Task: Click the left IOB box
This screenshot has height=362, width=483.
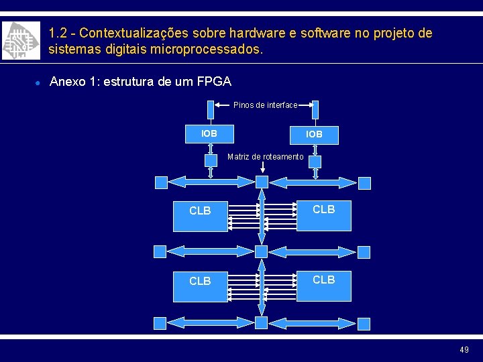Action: tap(209, 133)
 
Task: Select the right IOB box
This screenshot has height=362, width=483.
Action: tap(314, 134)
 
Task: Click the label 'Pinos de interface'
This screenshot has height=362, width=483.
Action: tap(265, 105)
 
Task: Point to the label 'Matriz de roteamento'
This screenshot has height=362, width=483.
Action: tap(266, 157)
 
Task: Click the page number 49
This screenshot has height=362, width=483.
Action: tap(464, 349)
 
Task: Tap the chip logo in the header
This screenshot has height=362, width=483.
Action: tap(19, 40)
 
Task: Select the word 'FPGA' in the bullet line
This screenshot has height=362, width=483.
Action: tap(214, 82)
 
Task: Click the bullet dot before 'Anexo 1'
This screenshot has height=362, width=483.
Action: tap(38, 82)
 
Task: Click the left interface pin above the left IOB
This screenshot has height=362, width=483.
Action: tap(211, 109)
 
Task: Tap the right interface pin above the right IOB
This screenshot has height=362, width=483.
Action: tap(315, 109)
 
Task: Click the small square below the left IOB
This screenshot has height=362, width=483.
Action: tap(211, 161)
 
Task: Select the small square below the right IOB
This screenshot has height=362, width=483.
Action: tap(315, 162)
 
